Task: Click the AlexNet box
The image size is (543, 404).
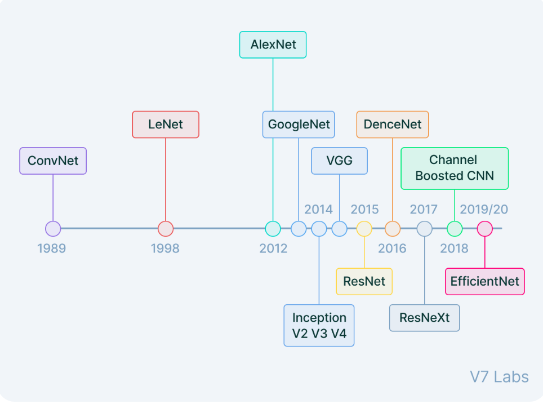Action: (273, 45)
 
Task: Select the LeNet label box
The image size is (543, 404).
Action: (166, 125)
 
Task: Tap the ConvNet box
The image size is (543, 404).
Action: (53, 161)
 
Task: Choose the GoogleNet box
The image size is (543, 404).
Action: (299, 125)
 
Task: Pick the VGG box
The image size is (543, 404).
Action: (339, 161)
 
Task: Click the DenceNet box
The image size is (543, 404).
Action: (393, 125)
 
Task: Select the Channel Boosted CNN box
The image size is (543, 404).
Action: (455, 168)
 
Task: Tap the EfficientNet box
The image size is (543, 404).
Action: (485, 281)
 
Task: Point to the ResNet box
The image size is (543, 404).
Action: (364, 281)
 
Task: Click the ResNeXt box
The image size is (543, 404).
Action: (425, 318)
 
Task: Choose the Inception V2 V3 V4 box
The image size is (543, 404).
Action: (319, 325)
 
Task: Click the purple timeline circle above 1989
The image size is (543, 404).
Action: (53, 229)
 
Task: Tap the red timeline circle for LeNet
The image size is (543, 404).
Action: (166, 229)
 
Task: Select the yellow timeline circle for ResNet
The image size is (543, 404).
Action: (364, 229)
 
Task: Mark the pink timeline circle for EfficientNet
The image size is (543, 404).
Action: (485, 229)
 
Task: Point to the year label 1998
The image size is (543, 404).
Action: (165, 248)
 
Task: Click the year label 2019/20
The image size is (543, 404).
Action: (484, 209)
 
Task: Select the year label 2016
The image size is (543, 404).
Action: (392, 248)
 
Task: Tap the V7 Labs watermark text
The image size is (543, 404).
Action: (499, 376)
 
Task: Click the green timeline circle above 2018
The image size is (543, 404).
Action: (455, 229)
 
